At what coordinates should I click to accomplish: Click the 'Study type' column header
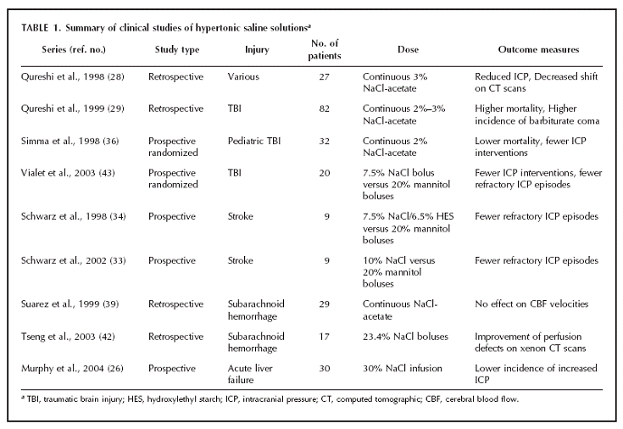(x=177, y=50)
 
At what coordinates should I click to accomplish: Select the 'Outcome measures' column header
(x=538, y=49)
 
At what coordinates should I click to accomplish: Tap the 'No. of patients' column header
(x=324, y=49)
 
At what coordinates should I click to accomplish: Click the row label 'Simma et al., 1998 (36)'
(x=70, y=141)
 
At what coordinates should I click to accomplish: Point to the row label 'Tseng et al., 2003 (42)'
(x=68, y=337)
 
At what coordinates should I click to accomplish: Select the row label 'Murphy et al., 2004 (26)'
(x=72, y=369)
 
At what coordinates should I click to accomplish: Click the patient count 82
(x=324, y=109)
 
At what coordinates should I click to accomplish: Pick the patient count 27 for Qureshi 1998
(x=324, y=77)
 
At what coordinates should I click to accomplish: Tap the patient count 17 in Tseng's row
(x=324, y=337)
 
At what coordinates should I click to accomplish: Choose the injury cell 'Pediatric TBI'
(x=254, y=141)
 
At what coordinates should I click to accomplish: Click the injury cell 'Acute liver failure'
(x=250, y=374)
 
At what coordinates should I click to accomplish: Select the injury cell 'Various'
(x=243, y=77)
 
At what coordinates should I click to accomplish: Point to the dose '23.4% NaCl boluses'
(x=405, y=337)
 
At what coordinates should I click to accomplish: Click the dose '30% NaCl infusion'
(x=402, y=369)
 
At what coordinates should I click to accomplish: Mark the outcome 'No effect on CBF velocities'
(x=531, y=304)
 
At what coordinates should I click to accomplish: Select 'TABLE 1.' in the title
(x=42, y=28)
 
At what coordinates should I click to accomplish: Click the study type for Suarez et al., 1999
(x=176, y=304)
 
